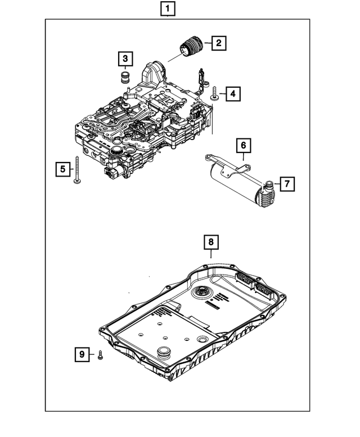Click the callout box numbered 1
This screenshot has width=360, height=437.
168,8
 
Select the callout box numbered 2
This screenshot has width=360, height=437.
218,42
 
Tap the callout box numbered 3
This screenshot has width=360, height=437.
125,58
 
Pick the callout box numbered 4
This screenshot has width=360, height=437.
231,94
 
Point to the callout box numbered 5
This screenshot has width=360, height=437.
62,168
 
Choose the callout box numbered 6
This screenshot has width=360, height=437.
244,146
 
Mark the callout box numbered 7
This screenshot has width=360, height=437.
286,183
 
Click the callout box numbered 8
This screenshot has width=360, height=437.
210,242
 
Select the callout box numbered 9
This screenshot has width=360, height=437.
82,354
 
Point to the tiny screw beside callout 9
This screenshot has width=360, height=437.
100,354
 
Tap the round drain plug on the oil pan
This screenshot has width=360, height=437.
164,353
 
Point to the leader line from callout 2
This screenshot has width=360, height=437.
208,42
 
